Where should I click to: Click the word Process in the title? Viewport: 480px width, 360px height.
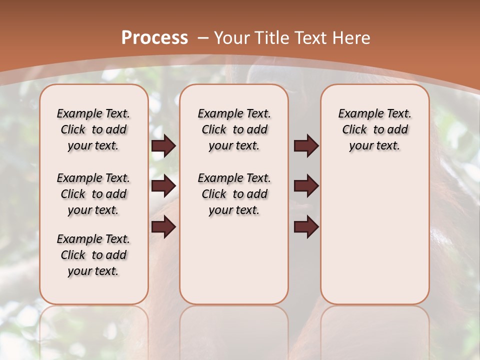click(154, 38)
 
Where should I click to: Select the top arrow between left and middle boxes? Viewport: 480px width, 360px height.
click(163, 146)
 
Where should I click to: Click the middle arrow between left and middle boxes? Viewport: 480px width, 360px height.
click(163, 186)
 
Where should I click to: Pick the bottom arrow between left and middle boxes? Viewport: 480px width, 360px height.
click(163, 227)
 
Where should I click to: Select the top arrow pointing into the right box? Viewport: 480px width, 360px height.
click(306, 146)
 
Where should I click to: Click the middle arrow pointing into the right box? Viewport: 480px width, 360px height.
click(306, 186)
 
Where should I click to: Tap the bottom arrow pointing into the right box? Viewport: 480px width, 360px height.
click(306, 227)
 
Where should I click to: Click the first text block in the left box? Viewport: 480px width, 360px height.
click(93, 129)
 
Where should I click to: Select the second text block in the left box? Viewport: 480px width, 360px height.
click(93, 194)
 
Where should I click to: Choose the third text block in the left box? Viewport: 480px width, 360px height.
click(93, 255)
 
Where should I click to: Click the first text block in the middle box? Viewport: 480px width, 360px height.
click(234, 129)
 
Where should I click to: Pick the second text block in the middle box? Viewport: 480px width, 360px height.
click(234, 194)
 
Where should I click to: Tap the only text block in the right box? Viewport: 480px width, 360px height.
click(374, 129)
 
